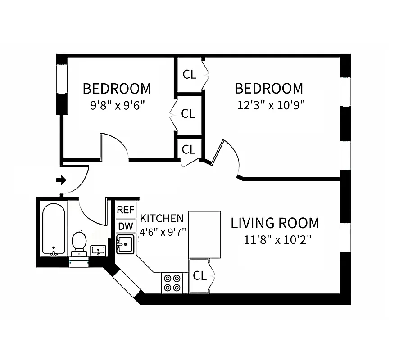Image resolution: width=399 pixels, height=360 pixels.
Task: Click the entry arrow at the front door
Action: (x=61, y=180)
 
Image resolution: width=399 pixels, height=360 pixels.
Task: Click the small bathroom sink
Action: (x=98, y=250)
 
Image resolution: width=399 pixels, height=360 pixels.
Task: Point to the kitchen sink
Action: (x=125, y=244)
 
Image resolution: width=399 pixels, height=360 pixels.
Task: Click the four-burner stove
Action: (x=172, y=283)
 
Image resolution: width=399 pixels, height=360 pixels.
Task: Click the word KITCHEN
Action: (x=162, y=219)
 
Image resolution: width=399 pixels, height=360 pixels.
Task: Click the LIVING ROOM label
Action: (x=275, y=223)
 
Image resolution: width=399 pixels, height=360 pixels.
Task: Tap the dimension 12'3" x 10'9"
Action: (x=271, y=105)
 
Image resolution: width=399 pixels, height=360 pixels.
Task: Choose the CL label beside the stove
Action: (x=199, y=276)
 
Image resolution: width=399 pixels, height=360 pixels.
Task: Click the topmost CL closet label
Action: (x=189, y=75)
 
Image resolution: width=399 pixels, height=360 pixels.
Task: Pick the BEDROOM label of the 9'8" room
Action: (x=117, y=89)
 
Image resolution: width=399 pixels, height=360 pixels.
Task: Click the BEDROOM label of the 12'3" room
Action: (x=269, y=88)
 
